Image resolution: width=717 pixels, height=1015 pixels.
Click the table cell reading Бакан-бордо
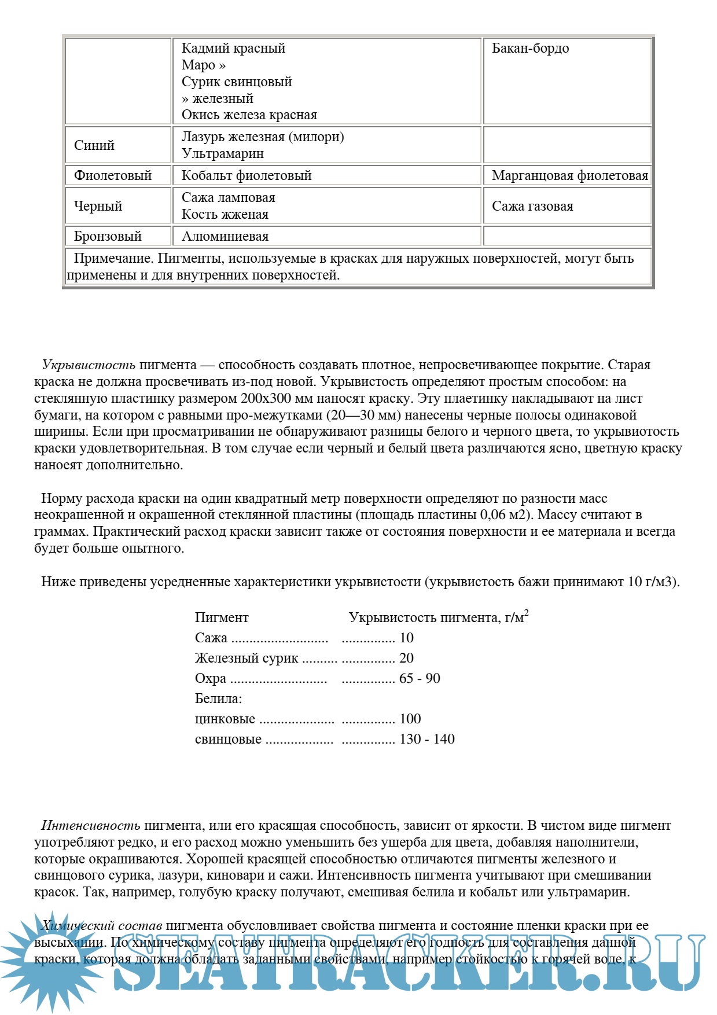(530, 49)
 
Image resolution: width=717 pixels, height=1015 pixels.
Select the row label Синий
(94, 145)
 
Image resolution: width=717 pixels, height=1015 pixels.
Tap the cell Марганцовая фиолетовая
(569, 176)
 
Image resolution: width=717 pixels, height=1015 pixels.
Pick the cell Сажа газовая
(532, 207)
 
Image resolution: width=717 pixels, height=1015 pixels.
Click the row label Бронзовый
(108, 237)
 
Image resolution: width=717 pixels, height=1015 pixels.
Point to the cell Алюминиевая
(225, 237)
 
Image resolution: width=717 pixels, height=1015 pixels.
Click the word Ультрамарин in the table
(223, 154)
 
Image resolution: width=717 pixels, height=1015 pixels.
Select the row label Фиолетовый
(113, 176)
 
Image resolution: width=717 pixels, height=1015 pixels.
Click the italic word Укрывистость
(89, 365)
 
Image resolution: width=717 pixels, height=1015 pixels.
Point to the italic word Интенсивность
(91, 826)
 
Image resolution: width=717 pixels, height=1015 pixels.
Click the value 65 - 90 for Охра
(420, 679)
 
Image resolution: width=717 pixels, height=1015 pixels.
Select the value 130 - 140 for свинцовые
(427, 740)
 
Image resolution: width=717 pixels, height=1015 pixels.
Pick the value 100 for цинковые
(410, 719)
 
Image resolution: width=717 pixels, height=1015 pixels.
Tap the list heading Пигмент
(222, 618)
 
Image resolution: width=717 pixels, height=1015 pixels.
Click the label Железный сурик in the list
(247, 659)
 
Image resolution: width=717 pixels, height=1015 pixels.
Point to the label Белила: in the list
(218, 699)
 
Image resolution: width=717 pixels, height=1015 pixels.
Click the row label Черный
(98, 207)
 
